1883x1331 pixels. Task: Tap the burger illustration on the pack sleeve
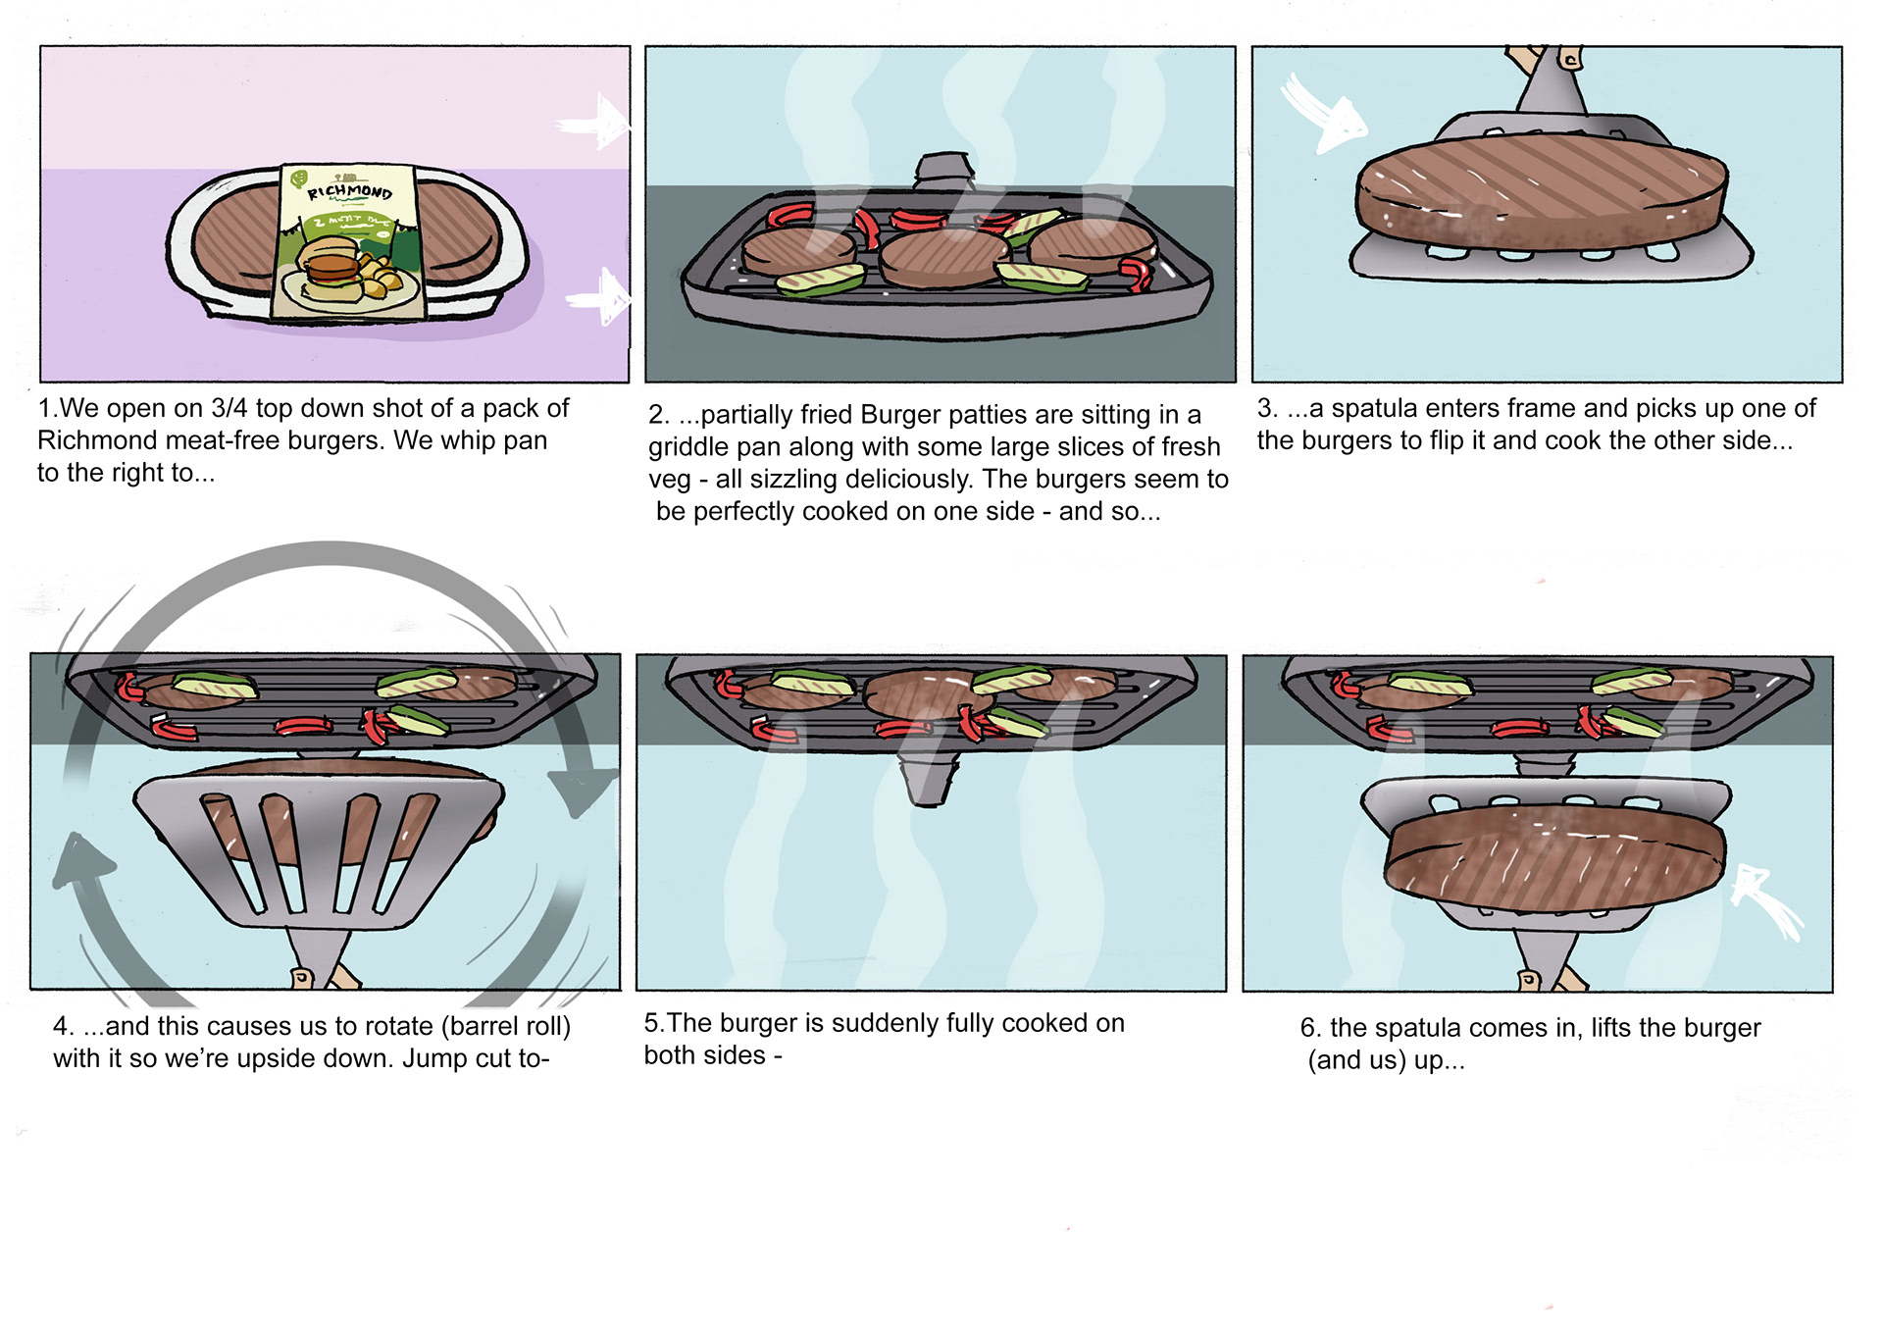pos(330,267)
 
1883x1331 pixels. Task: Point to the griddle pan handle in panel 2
pos(944,169)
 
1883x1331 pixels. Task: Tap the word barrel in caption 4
pos(481,1026)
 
